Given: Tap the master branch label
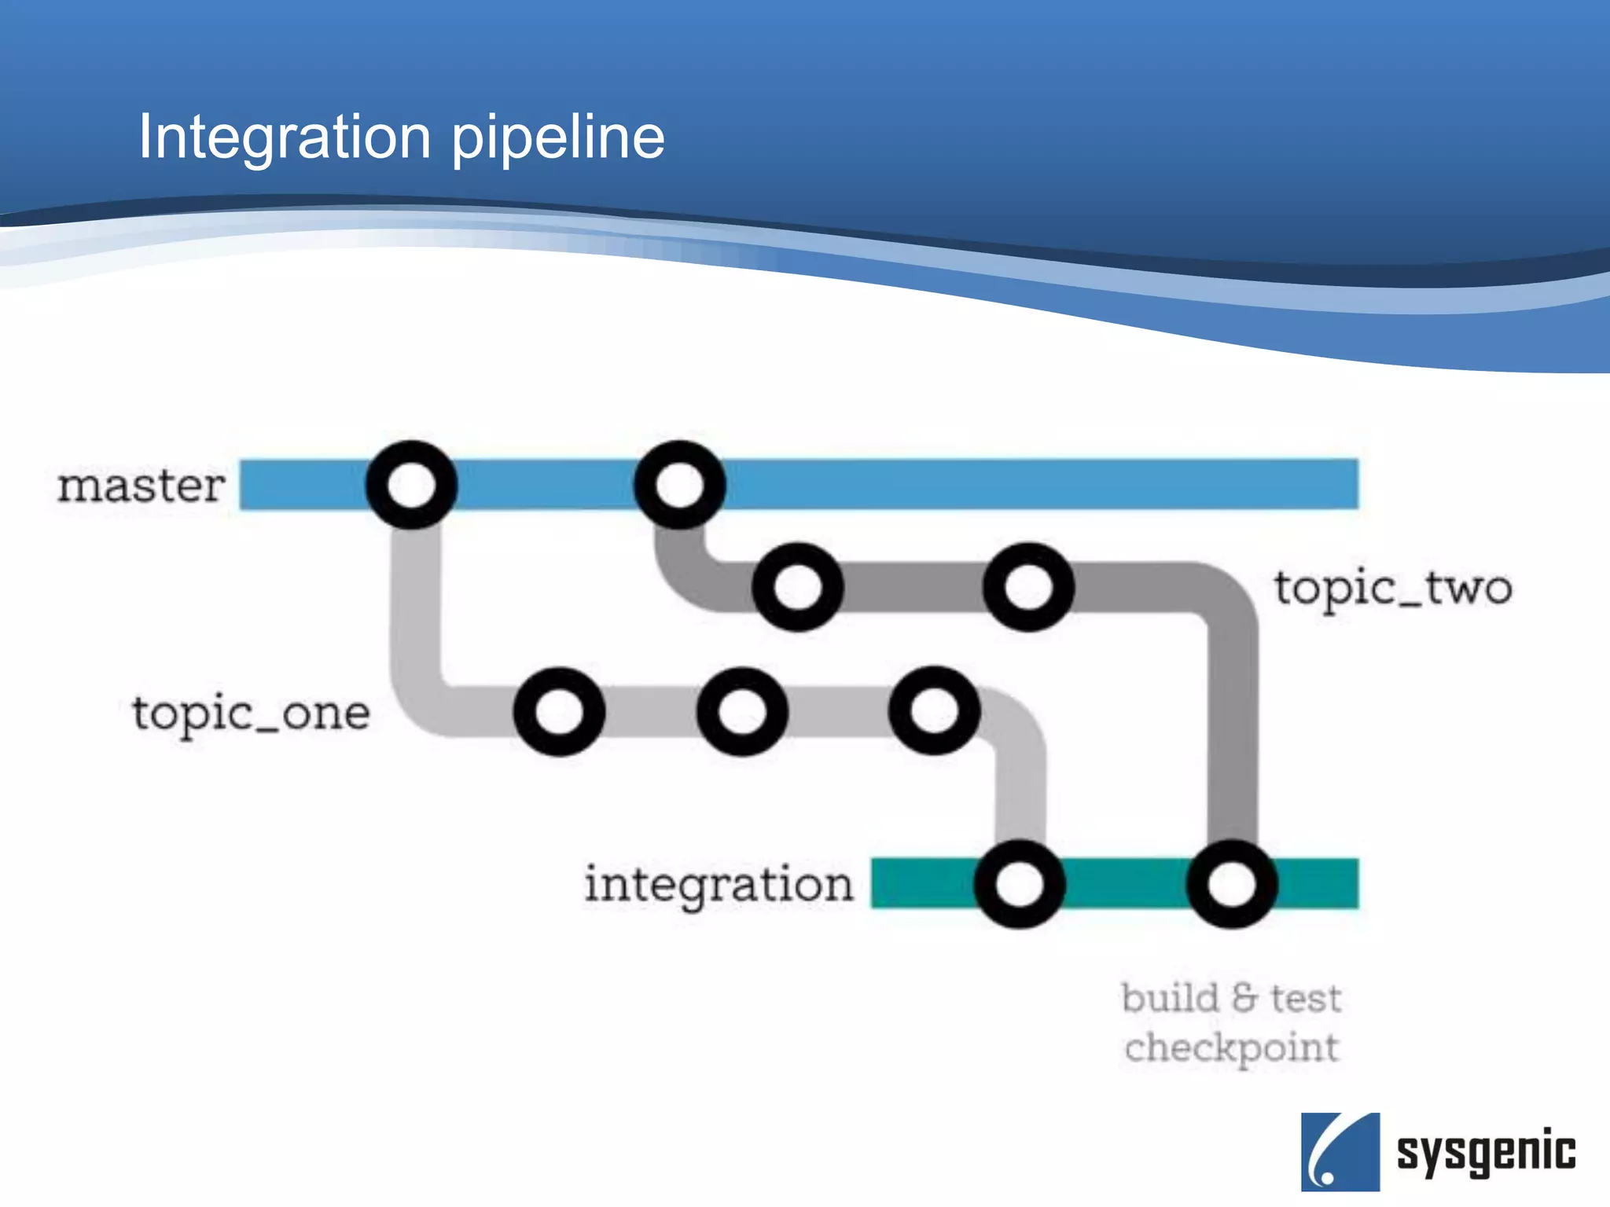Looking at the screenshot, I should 142,486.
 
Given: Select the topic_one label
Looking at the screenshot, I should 251,714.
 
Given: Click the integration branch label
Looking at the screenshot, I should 719,885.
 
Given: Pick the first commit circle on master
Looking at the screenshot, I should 411,484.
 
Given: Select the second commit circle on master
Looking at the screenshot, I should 679,484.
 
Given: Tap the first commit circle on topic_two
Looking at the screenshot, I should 797,587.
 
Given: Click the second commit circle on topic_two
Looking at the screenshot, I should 1028,587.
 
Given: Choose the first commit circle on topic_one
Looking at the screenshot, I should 559,712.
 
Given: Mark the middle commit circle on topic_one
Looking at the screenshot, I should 742,712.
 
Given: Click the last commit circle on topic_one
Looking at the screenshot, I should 934,710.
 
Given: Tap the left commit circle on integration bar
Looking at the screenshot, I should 1020,884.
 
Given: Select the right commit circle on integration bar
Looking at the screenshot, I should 1232,884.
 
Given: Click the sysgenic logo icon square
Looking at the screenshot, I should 1340,1151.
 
